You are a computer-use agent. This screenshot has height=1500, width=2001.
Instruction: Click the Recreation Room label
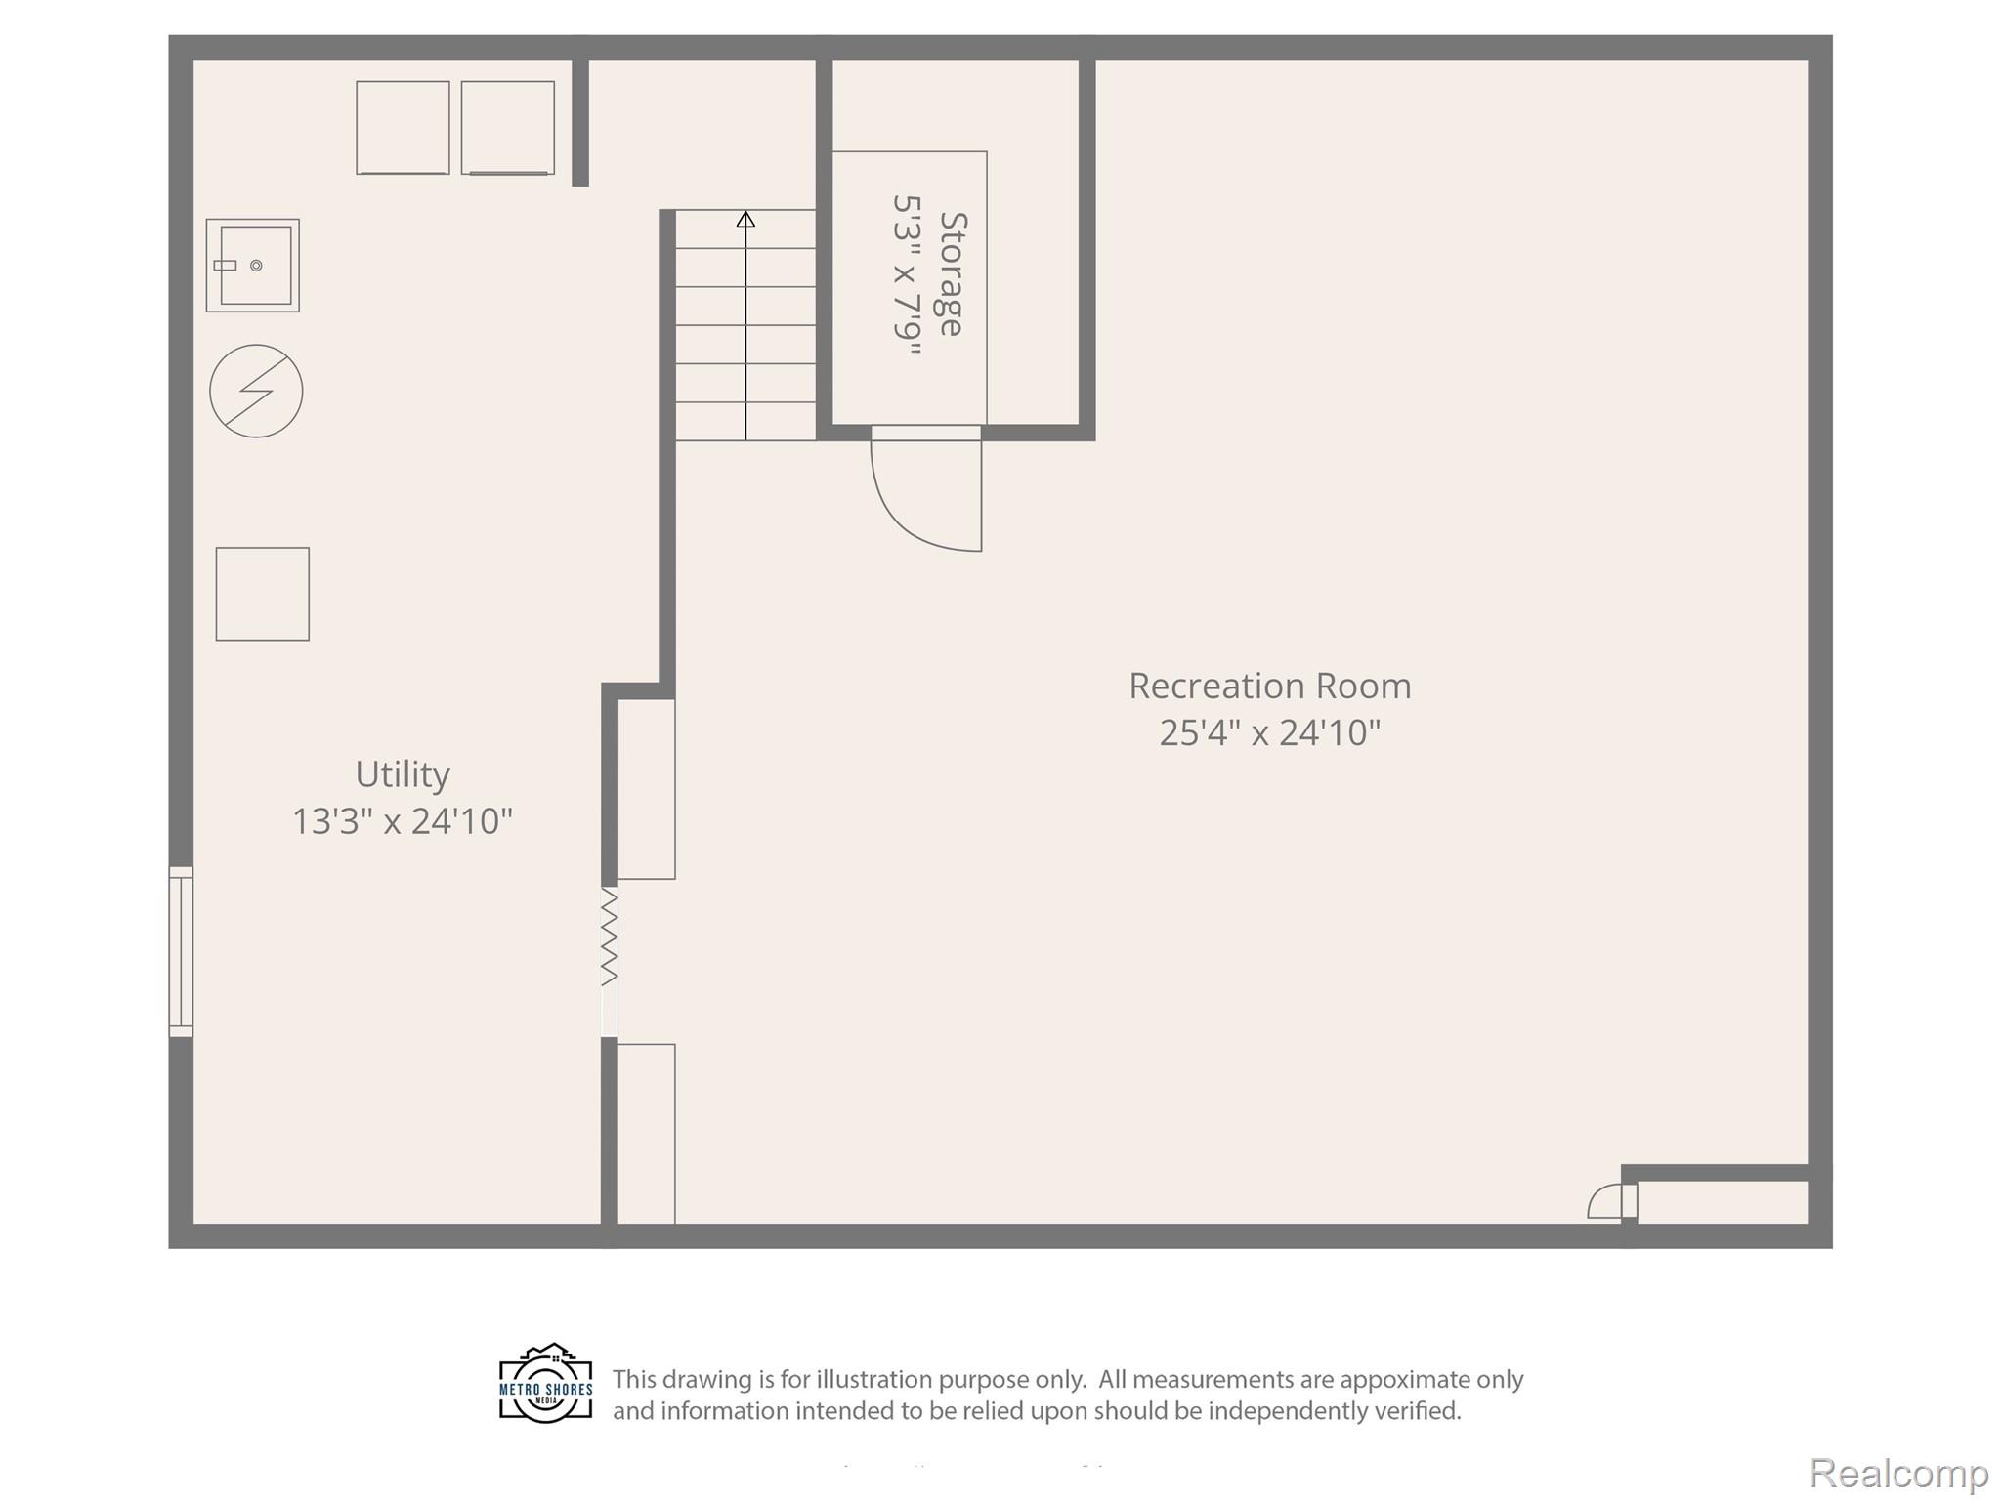pyautogui.click(x=1270, y=686)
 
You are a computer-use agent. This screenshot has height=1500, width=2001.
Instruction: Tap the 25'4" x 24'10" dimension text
pyautogui.click(x=1270, y=732)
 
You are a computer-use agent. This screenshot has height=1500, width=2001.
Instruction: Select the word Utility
pyautogui.click(x=403, y=775)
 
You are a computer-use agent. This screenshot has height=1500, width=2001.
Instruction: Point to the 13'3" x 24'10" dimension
pyautogui.click(x=403, y=821)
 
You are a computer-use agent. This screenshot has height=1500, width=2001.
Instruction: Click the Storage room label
pyautogui.click(x=952, y=274)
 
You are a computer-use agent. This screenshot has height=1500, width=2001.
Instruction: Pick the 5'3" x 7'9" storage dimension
pyautogui.click(x=907, y=275)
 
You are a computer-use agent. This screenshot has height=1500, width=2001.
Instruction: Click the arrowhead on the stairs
pyautogui.click(x=745, y=219)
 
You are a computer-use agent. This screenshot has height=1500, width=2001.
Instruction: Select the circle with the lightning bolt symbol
pyautogui.click(x=256, y=391)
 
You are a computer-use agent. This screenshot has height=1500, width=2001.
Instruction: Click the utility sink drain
pyautogui.click(x=256, y=266)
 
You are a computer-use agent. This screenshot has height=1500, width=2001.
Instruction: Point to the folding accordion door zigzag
pyautogui.click(x=609, y=936)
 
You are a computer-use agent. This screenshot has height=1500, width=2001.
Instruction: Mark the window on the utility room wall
pyautogui.click(x=181, y=951)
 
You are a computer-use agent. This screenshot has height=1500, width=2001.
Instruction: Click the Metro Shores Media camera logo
pyautogui.click(x=546, y=1383)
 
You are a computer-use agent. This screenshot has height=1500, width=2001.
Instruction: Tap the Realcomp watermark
pyautogui.click(x=1898, y=1473)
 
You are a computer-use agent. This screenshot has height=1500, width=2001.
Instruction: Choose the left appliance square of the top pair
pyautogui.click(x=403, y=128)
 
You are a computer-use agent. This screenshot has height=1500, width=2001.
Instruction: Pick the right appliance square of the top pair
pyautogui.click(x=508, y=128)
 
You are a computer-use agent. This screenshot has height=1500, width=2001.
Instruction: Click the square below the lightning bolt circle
pyautogui.click(x=263, y=594)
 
